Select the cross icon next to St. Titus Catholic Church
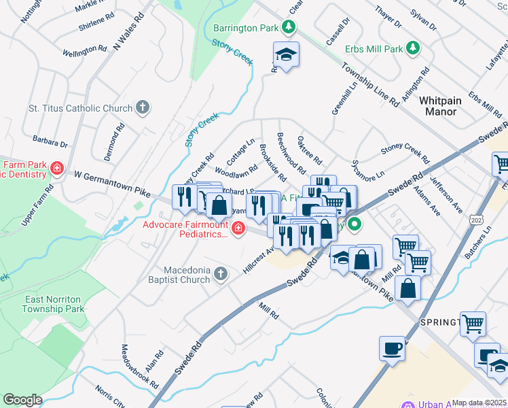click(142, 107)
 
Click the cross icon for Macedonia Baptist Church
click(220, 274)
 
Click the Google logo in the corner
click(22, 400)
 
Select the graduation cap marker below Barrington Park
click(286, 56)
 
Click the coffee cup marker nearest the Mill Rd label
click(392, 350)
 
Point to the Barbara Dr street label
click(50, 141)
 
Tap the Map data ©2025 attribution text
click(479, 403)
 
